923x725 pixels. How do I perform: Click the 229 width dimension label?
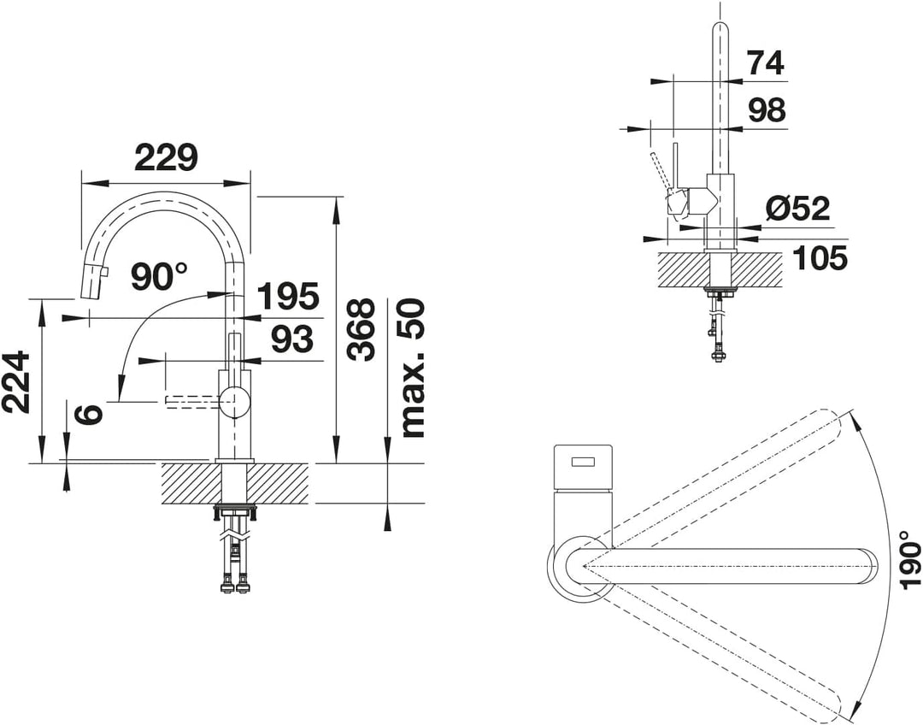[x=166, y=157]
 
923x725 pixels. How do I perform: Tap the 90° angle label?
[x=159, y=276]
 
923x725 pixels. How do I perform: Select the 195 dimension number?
[x=289, y=297]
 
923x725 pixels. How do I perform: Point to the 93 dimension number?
[x=292, y=339]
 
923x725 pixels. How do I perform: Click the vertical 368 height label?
[x=361, y=329]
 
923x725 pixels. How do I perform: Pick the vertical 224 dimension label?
[x=16, y=381]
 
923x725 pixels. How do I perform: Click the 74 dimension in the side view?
[x=765, y=62]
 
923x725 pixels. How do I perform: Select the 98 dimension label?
[x=767, y=109]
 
